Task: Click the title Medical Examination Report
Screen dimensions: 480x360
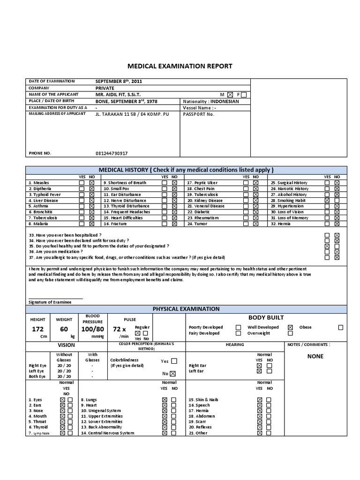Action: pos(180,66)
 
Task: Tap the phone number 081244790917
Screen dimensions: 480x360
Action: pos(112,153)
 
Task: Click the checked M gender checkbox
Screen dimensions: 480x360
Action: pos(230,95)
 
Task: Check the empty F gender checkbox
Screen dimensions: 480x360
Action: pos(243,95)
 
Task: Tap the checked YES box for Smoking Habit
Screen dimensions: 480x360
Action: pos(327,200)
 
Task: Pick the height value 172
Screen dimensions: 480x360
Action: pos(37,329)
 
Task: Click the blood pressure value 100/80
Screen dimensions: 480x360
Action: pos(93,329)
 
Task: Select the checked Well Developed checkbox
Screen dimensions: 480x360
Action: pos(290,327)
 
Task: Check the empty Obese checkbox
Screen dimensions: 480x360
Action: pos(340,327)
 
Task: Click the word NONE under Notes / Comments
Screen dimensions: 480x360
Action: pos(315,356)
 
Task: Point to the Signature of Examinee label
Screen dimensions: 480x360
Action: pos(50,302)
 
